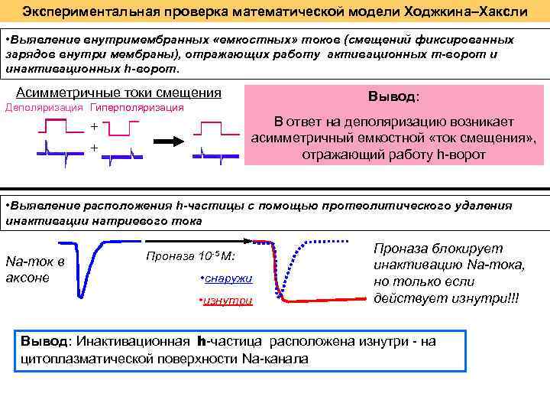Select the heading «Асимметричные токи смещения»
[118, 93]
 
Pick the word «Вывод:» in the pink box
[393, 98]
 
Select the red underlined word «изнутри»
[228, 301]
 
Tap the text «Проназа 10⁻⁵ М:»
[190, 256]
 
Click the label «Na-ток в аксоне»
[34, 269]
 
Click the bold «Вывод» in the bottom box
[44, 342]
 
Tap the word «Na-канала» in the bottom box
[278, 358]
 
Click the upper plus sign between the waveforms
[95, 126]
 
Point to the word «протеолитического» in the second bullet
[371, 206]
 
